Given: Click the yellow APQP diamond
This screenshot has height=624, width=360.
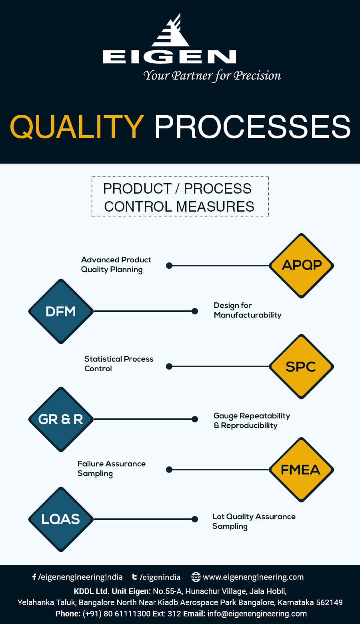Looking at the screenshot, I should pos(302,266).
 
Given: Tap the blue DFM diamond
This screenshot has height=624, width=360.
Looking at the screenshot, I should pos(61,311).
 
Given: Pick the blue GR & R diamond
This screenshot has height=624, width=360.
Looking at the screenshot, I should pos(61,419).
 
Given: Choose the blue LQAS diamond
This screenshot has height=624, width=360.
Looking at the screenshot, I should pos(61,519).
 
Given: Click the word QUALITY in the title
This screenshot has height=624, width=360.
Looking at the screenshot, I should pos(77,126).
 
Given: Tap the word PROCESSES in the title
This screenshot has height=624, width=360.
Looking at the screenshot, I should pos(252,126).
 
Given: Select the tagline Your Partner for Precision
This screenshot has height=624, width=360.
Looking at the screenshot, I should pos(212,76).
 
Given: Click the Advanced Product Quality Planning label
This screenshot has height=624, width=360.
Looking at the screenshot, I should pos(116,264).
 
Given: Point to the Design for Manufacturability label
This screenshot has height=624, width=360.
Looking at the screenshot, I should pos(247,310).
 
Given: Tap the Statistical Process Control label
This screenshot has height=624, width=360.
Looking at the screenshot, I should pos(118,364).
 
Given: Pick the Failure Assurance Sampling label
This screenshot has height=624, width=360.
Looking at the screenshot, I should pos(111,468).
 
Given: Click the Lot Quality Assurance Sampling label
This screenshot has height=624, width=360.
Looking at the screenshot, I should pos(254,521).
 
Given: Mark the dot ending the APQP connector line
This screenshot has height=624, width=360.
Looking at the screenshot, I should pos(169,266).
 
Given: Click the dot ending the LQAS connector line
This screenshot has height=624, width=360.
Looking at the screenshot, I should pos(195,519).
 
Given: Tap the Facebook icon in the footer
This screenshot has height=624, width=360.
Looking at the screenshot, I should pos(34,577).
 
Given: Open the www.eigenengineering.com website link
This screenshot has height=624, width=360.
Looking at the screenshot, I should pos(253,577).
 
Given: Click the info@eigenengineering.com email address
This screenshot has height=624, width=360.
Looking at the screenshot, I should pos(257,614).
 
